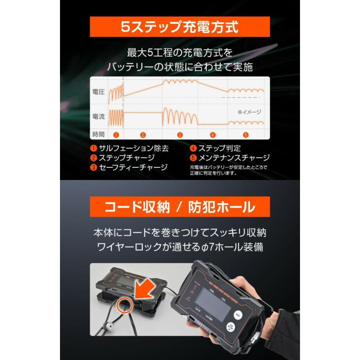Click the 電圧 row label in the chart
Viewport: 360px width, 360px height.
pos(98,92)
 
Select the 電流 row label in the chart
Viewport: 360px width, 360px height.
pos(98,117)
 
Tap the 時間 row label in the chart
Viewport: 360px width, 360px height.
pos(98,135)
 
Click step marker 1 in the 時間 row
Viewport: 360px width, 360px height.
pos(116,135)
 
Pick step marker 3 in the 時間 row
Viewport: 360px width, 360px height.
pos(180,135)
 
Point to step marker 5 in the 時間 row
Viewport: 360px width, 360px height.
pos(246,135)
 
